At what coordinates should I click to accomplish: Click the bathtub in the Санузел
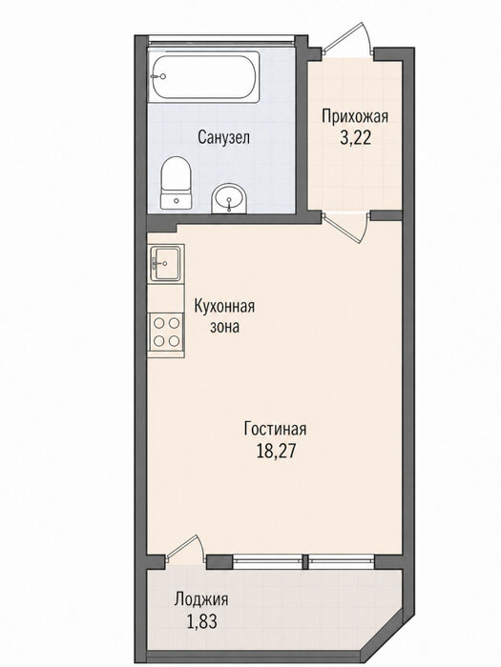pyautogui.click(x=204, y=77)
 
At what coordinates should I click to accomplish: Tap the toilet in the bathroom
pyautogui.click(x=176, y=183)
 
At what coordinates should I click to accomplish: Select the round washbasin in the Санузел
pyautogui.click(x=229, y=198)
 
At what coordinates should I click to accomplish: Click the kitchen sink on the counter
pyautogui.click(x=166, y=264)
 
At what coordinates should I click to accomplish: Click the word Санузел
pyautogui.click(x=223, y=137)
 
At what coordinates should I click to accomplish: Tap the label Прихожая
pyautogui.click(x=355, y=116)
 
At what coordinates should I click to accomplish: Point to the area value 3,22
pyautogui.click(x=355, y=138)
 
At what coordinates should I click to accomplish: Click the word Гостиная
pyautogui.click(x=275, y=429)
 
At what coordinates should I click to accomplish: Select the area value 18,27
pyautogui.click(x=276, y=451)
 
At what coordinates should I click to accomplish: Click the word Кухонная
pyautogui.click(x=224, y=306)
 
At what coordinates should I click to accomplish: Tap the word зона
pyautogui.click(x=224, y=327)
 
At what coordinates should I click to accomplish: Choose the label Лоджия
pyautogui.click(x=201, y=599)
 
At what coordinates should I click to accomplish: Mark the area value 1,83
pyautogui.click(x=201, y=622)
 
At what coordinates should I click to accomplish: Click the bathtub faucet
pyautogui.click(x=158, y=77)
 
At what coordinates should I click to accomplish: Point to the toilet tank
pyautogui.click(x=176, y=201)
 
